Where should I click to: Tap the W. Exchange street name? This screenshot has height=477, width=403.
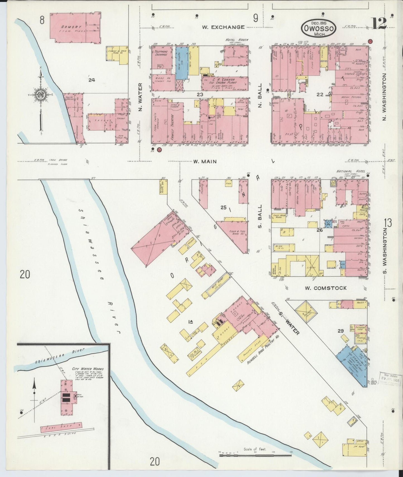pyautogui.click(x=223, y=27)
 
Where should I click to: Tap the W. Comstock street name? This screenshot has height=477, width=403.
pyautogui.click(x=329, y=288)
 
